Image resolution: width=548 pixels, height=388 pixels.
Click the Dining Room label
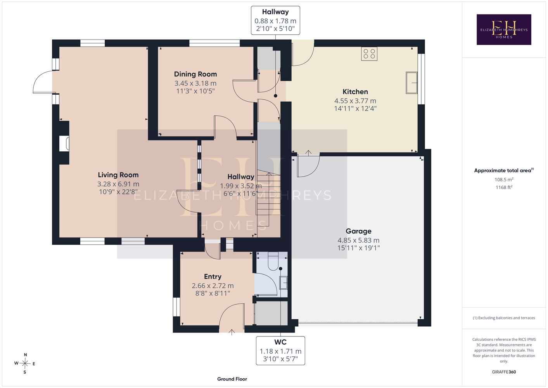pyautogui.click(x=195, y=74)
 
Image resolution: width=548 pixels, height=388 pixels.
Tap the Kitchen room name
pyautogui.click(x=355, y=92)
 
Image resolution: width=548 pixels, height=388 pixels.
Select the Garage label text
pyautogui.click(x=358, y=231)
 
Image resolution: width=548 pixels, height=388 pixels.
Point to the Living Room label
pyautogui.click(x=118, y=175)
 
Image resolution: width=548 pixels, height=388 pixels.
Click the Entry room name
pyautogui.click(x=213, y=277)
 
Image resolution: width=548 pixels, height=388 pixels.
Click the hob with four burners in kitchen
pyautogui.click(x=369, y=54)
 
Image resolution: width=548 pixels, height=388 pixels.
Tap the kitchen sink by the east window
pyautogui.click(x=412, y=83)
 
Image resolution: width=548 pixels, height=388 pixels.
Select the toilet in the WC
pyautogui.click(x=273, y=261)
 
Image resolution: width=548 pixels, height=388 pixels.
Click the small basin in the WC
pyautogui.click(x=283, y=283)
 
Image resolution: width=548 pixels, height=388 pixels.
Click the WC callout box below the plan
pyautogui.click(x=280, y=350)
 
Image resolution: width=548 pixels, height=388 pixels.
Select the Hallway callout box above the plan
pyautogui.click(x=275, y=20)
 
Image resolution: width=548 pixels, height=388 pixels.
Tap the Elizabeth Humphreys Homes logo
pyautogui.click(x=504, y=29)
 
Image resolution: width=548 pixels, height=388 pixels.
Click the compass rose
pyautogui.click(x=25, y=364)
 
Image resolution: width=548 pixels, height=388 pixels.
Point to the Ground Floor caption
pyautogui.click(x=232, y=379)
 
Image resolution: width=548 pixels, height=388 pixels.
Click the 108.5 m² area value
pyautogui.click(x=504, y=179)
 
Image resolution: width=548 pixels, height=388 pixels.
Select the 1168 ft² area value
pyautogui.click(x=504, y=187)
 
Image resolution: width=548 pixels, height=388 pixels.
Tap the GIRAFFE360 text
pyautogui.click(x=504, y=372)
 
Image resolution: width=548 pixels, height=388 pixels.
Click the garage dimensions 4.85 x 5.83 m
pyautogui.click(x=358, y=240)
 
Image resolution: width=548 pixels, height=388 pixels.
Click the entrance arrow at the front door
pyautogui.click(x=232, y=332)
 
